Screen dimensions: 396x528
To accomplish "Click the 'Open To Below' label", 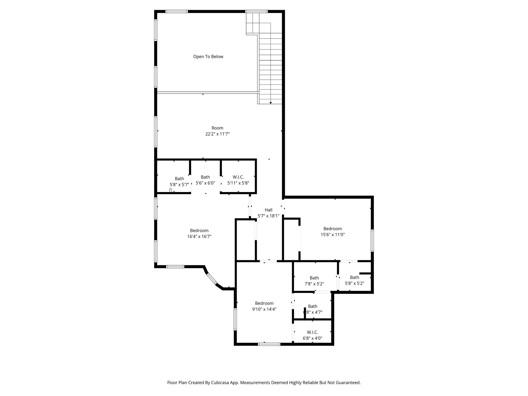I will pos(208,57).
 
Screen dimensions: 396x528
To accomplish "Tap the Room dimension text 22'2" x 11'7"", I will pos(217,134).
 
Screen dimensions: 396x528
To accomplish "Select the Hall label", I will pos(268,210).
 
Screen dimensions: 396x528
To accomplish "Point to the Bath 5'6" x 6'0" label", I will pos(205,177).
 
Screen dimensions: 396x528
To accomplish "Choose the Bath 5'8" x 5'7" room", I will pos(179,181).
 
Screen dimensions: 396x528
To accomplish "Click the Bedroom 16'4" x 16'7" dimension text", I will pos(199,236).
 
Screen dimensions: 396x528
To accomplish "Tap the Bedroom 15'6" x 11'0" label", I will pos(333,229).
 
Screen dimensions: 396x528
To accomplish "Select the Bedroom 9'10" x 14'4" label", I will pos(264,303).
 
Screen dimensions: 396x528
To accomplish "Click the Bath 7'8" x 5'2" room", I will pos(314,281).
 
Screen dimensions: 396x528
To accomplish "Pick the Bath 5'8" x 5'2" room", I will pos(354,280).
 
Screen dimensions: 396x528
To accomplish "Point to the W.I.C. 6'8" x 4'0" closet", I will pos(312,335).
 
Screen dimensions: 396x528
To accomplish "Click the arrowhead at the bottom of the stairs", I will pos(271,103).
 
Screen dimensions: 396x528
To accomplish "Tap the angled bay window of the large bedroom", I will pos(212,279).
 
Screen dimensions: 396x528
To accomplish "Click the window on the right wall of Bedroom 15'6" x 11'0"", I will pos(372,241).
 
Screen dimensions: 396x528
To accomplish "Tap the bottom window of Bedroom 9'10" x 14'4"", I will pos(269,344).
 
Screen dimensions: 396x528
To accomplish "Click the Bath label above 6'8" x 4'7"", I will pos(312,306).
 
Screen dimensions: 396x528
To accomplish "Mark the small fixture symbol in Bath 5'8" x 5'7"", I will pos(170,191).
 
